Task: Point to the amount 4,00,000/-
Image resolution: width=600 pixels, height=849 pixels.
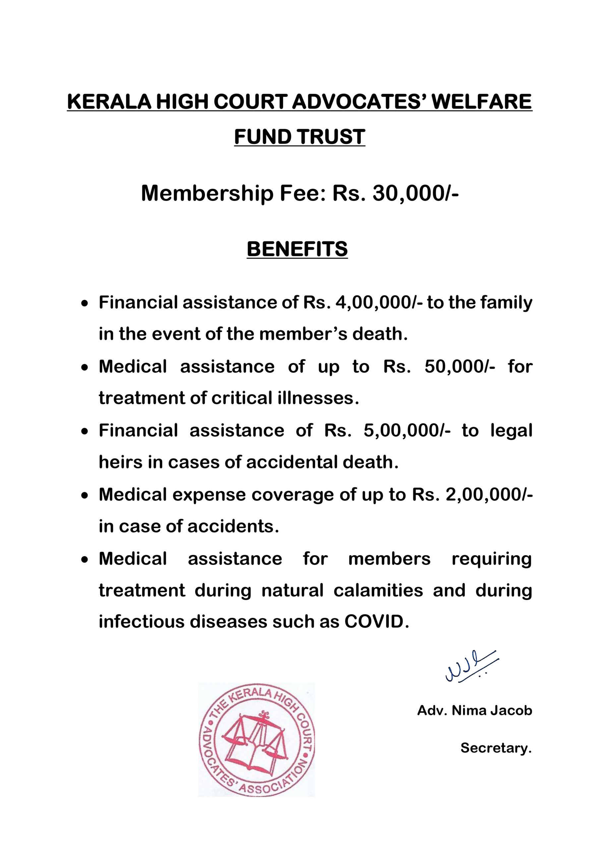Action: coord(379,302)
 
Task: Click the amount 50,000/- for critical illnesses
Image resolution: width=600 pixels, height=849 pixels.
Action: coord(460,366)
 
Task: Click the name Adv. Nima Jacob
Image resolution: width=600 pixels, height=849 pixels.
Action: coord(474,710)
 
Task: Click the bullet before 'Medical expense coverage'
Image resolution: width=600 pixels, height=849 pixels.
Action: coord(85,495)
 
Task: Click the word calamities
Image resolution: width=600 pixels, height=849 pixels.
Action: coord(378,590)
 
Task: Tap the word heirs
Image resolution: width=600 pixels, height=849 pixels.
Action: coord(120,462)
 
